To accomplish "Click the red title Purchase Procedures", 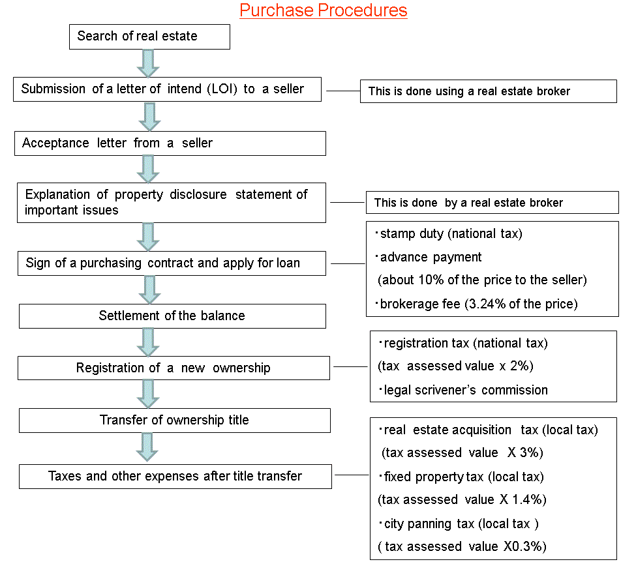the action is [x=323, y=10].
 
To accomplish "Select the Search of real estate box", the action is [x=150, y=37].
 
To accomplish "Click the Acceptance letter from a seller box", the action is [x=170, y=143].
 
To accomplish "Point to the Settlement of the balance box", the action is [x=172, y=316].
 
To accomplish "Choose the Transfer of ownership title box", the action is [x=175, y=421].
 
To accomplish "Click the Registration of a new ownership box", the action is [x=174, y=368].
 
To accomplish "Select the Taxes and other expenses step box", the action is [x=175, y=477].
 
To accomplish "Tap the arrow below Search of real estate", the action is [x=148, y=63].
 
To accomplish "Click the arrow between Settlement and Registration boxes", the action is [x=148, y=342].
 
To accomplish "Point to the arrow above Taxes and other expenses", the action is [x=147, y=447].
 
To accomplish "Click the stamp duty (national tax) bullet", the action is [x=449, y=234].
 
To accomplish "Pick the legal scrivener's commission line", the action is [x=463, y=391].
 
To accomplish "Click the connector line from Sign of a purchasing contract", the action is [x=348, y=263].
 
